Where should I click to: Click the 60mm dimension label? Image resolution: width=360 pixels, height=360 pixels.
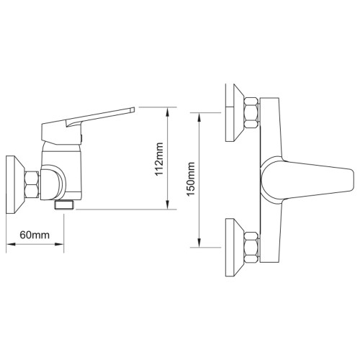pyautogui.click(x=35, y=235)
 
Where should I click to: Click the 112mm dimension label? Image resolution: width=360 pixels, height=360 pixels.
pyautogui.click(x=159, y=159)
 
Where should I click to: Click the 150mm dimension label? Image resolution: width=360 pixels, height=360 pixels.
pyautogui.click(x=191, y=179)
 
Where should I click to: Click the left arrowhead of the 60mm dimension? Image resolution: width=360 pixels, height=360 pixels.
pyautogui.click(x=11, y=244)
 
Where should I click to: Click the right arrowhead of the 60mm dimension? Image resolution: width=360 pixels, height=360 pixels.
pyautogui.click(x=59, y=244)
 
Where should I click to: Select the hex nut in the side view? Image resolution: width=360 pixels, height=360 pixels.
pyautogui.click(x=32, y=184)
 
